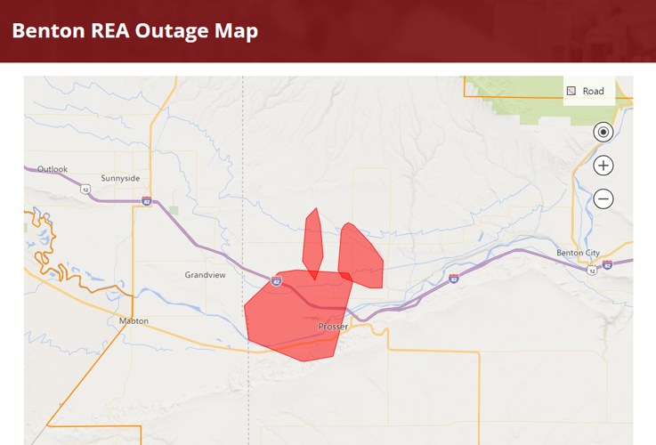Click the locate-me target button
click(603, 133)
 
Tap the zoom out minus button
click(603, 198)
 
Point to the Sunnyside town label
click(121, 178)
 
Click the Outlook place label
click(52, 169)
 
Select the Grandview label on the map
click(206, 275)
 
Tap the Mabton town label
click(134, 320)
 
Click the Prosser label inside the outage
click(333, 327)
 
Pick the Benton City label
click(578, 253)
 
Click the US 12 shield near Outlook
click(85, 190)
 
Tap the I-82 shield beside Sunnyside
click(145, 202)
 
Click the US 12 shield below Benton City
click(592, 270)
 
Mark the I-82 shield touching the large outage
click(277, 282)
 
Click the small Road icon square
click(571, 91)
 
